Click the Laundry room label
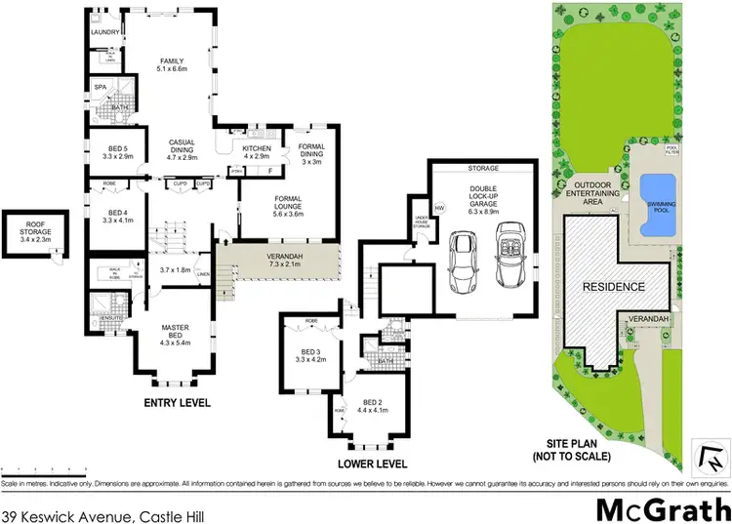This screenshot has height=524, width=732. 104,32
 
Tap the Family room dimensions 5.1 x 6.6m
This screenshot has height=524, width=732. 172,70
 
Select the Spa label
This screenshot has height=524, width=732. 100,87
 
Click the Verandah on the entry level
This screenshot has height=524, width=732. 279,261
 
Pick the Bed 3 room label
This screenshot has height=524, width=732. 308,354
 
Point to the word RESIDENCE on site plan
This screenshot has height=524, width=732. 613,287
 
